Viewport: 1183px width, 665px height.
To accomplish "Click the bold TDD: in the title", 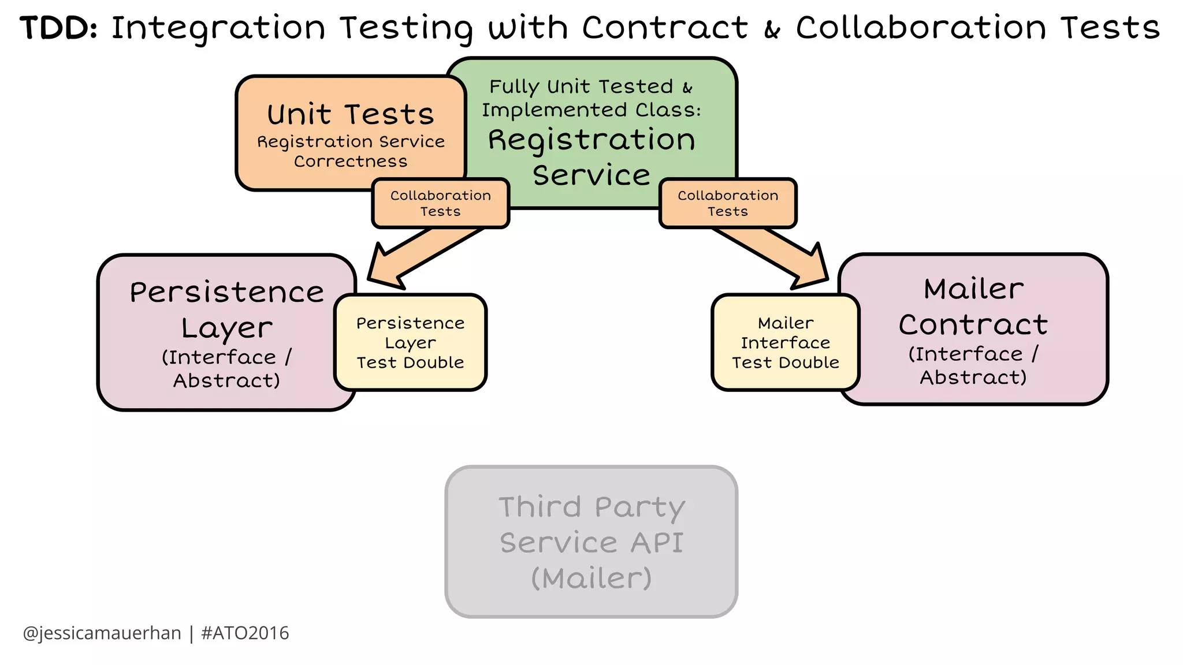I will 58,28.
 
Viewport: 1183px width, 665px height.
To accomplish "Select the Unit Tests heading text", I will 351,114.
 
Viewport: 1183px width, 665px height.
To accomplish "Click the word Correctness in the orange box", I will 351,161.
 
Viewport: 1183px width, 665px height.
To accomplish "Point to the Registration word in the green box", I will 591,140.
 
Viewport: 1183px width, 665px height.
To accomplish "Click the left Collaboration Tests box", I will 440,203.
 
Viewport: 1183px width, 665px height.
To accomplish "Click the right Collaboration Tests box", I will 728,203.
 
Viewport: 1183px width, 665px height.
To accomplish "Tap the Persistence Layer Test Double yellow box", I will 410,342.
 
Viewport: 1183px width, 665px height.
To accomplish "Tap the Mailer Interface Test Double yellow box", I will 785,342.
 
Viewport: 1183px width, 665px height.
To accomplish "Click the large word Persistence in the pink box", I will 226,292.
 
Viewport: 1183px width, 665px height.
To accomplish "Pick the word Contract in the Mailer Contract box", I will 973,324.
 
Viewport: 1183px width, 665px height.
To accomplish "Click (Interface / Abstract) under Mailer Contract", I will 973,365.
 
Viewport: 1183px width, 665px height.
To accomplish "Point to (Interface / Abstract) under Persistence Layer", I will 226,369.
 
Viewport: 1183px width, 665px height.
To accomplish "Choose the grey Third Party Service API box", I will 591,541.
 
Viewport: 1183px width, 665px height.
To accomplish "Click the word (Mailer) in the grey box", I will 591,578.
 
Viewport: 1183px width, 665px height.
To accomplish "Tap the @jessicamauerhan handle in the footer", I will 102,633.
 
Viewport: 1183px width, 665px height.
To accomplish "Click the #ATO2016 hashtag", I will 245,633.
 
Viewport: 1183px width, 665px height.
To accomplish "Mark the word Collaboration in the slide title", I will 921,28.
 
